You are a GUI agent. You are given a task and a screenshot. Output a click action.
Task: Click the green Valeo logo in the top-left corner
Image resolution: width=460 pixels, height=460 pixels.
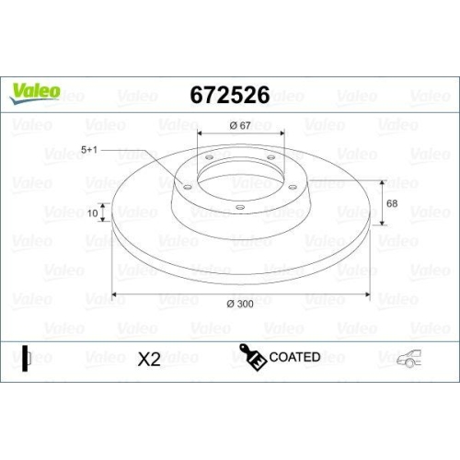tap(36, 90)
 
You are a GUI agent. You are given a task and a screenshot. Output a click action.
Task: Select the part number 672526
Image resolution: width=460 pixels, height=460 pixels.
tap(229, 95)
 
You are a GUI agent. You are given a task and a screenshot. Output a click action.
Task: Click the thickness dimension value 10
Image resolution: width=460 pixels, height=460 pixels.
tap(92, 213)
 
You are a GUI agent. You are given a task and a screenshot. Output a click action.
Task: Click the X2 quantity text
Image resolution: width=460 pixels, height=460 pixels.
tap(148, 359)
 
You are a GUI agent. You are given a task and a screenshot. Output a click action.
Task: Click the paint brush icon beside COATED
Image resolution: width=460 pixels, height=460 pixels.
tap(249, 357)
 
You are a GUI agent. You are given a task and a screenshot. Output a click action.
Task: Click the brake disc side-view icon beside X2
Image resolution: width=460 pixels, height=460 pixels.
tap(27, 358)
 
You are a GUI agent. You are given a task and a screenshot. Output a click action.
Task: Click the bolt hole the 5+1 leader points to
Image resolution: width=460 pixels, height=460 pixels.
tap(187, 187)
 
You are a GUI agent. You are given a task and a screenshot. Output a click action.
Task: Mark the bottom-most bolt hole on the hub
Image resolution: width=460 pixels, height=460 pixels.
tap(238, 207)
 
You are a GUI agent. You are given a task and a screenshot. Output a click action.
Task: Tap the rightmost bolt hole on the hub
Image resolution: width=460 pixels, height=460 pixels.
tap(293, 187)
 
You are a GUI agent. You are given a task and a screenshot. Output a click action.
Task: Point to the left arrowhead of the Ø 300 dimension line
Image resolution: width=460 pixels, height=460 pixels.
tap(115, 296)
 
